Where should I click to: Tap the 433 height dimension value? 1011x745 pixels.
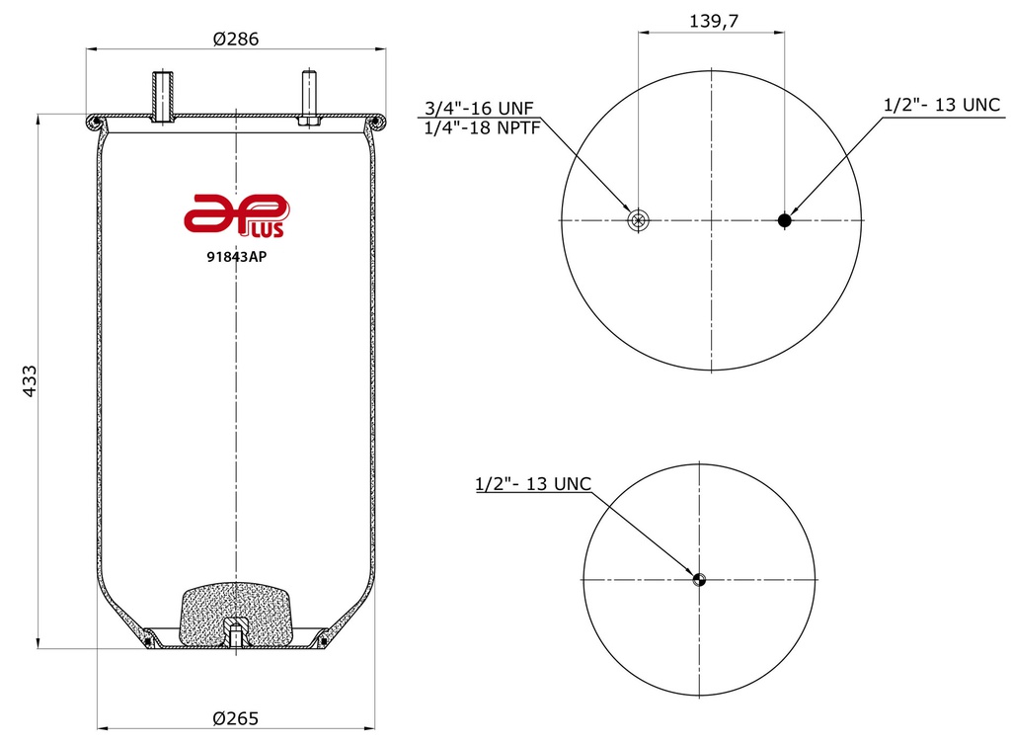(x=29, y=380)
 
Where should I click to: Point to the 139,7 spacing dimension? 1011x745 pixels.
(x=711, y=21)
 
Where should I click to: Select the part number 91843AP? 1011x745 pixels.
(x=235, y=257)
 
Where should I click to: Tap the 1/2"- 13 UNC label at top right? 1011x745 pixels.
(x=941, y=105)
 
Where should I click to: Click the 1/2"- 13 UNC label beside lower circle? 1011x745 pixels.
(x=533, y=484)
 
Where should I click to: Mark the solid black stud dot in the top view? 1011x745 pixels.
(x=785, y=219)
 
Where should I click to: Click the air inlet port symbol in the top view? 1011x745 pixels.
(x=638, y=219)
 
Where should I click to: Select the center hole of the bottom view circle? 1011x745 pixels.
(x=699, y=579)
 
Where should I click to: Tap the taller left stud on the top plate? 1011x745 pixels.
(x=163, y=95)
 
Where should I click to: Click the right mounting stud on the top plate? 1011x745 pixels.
(x=309, y=99)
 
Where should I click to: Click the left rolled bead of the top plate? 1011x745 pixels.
(x=96, y=122)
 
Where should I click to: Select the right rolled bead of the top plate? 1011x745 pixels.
(x=376, y=122)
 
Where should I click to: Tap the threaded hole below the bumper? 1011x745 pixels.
(x=235, y=632)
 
